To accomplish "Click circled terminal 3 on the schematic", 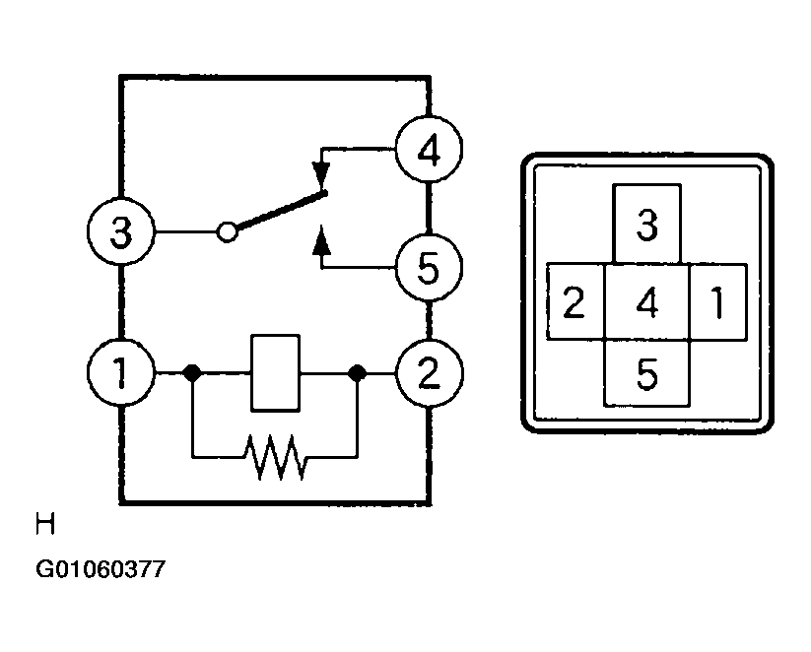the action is coord(121,231).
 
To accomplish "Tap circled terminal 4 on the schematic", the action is coord(429,150).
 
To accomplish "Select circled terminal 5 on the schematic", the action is coord(429,267).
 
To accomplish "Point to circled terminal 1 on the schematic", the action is coord(121,372).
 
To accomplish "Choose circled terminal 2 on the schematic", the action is coord(430,373).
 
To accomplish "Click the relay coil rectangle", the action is coord(275,373).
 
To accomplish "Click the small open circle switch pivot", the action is coord(227,231).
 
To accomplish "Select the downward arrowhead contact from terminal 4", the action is coord(321,174).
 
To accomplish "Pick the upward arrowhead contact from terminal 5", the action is coord(321,240).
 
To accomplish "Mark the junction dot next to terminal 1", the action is coord(192,373).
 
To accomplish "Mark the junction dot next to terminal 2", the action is coord(357,373).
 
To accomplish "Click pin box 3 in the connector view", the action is coord(646,224).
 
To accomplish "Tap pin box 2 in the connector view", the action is coord(575,302).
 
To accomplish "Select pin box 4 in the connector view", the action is coord(647,302).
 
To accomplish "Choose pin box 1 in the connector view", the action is coord(718,302).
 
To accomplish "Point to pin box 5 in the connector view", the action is coord(647,373).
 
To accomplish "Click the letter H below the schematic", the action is coord(45,524).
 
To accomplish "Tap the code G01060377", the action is coord(101,569).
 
